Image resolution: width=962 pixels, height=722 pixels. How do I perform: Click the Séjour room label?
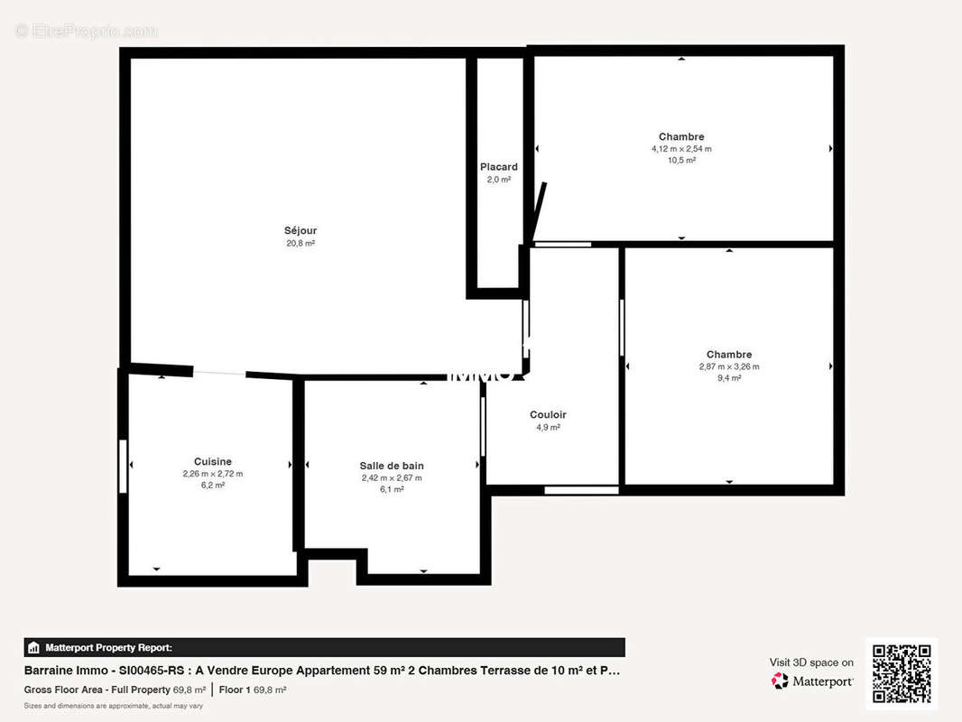click(301, 230)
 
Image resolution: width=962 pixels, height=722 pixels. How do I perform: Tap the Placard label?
click(499, 167)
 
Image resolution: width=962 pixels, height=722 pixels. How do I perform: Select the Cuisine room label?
click(213, 461)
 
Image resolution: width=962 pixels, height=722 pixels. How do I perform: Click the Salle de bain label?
click(392, 466)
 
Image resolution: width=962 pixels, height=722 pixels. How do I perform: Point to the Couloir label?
click(548, 415)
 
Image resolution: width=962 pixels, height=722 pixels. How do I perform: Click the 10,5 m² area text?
click(681, 160)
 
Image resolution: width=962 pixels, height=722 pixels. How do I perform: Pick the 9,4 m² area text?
click(729, 378)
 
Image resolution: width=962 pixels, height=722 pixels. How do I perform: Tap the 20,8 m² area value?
click(301, 243)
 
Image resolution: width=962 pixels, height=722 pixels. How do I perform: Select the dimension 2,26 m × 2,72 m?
click(213, 473)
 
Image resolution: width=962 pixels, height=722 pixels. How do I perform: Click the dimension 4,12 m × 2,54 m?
click(681, 149)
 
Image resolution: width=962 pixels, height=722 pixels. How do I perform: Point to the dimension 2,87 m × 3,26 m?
click(729, 366)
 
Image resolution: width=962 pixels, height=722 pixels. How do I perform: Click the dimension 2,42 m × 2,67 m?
click(392, 477)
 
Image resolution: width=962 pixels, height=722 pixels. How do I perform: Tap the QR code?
click(902, 673)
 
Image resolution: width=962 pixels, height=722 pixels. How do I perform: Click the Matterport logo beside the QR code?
click(812, 681)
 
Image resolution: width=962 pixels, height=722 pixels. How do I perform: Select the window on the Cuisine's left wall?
click(123, 466)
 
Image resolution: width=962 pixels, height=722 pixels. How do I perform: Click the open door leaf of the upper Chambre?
click(540, 211)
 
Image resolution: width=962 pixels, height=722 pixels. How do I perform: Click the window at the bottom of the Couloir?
click(581, 490)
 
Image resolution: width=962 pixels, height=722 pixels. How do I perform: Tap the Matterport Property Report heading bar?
click(324, 647)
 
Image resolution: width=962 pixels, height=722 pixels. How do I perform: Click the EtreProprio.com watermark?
click(86, 31)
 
